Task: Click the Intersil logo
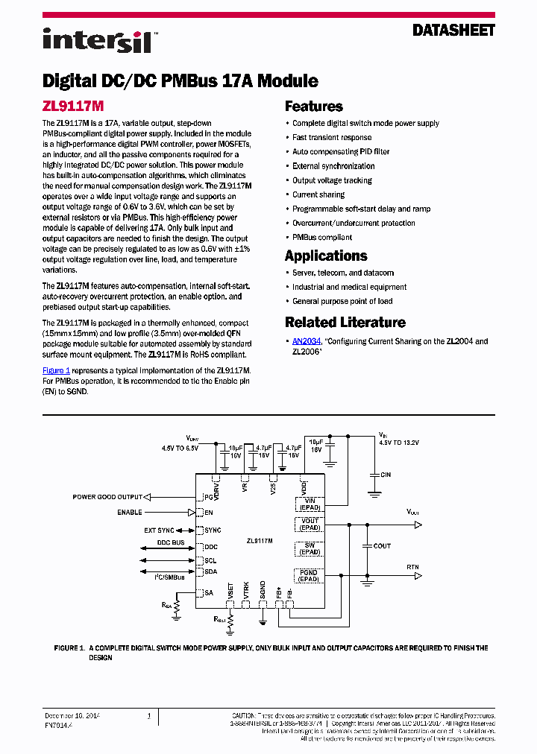click(x=96, y=39)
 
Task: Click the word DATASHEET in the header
click(x=453, y=31)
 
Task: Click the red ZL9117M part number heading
click(x=73, y=106)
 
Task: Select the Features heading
click(x=314, y=106)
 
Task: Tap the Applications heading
click(x=326, y=256)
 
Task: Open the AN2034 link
click(x=306, y=341)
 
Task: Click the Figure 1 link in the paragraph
click(x=56, y=370)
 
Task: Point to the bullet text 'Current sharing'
click(x=318, y=194)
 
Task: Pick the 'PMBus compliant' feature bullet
click(x=322, y=237)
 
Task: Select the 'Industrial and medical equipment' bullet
click(x=349, y=287)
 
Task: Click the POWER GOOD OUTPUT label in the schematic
click(x=107, y=497)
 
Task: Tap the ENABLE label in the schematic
click(x=129, y=513)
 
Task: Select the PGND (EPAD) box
click(x=310, y=576)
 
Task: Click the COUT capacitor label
click(x=382, y=546)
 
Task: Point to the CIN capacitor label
click(x=386, y=475)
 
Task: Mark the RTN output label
click(x=412, y=568)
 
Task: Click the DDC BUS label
click(x=170, y=542)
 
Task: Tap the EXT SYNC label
click(x=159, y=530)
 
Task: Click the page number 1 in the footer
click(x=148, y=716)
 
